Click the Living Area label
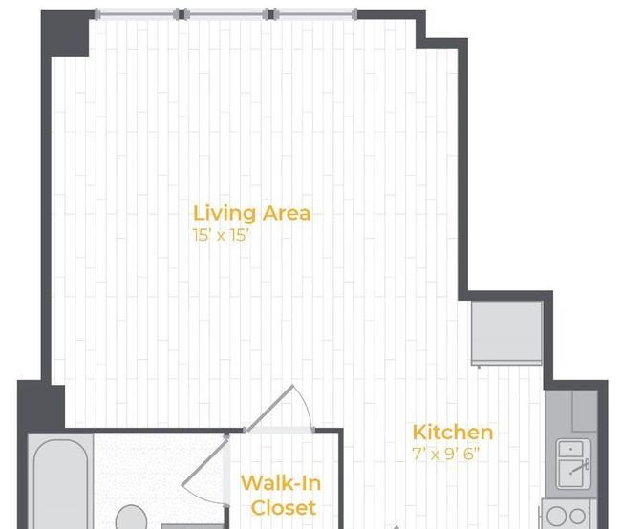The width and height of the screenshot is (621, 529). pyautogui.click(x=252, y=214)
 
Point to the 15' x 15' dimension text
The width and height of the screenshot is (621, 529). pyautogui.click(x=222, y=235)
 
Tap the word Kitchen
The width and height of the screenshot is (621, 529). pyautogui.click(x=453, y=433)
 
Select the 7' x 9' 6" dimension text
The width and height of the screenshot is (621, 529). pyautogui.click(x=446, y=454)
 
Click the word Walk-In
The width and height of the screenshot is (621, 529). pyautogui.click(x=281, y=483)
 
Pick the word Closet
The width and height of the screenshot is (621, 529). pyautogui.click(x=284, y=508)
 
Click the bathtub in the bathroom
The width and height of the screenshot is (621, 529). pyautogui.click(x=60, y=484)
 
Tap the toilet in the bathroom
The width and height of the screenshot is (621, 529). pyautogui.click(x=131, y=518)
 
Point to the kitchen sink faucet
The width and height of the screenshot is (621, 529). pyautogui.click(x=581, y=467)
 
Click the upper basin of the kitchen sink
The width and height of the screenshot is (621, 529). pyautogui.click(x=570, y=449)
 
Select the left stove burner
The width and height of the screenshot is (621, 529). pyautogui.click(x=557, y=516)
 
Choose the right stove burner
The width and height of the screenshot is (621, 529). pyautogui.click(x=577, y=516)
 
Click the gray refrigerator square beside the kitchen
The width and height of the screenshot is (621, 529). pyautogui.click(x=506, y=332)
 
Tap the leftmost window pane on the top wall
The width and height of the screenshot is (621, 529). pyautogui.click(x=137, y=14)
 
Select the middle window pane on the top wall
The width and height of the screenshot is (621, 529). pyautogui.click(x=226, y=14)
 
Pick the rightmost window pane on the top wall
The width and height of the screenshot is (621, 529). pyautogui.click(x=315, y=14)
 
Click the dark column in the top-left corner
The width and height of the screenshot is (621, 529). pyautogui.click(x=65, y=33)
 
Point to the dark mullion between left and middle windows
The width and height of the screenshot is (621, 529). pyautogui.click(x=182, y=14)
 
